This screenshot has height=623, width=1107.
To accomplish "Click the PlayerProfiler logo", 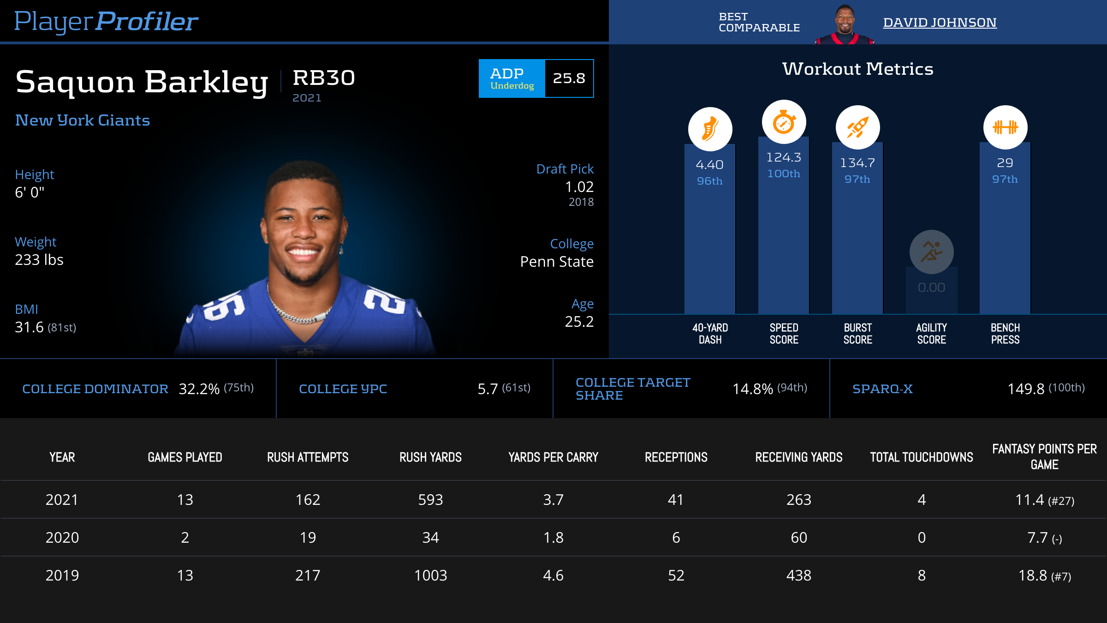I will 106,21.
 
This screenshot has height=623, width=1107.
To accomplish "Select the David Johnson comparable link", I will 940,22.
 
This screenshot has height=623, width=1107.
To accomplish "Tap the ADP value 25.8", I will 569,78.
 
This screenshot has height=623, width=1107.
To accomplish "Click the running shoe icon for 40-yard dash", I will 710,129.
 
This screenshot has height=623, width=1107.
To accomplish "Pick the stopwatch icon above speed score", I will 784,122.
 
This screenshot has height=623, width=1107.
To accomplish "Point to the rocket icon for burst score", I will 857,127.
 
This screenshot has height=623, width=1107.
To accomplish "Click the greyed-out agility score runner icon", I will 931,252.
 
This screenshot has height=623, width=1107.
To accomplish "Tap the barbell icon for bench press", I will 1005,127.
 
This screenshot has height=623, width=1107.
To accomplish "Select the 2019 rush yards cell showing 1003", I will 430,575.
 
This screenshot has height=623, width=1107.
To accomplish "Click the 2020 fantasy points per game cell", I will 1044,538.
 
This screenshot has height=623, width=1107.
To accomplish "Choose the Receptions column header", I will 676,457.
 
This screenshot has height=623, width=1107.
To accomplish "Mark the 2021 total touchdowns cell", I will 922,500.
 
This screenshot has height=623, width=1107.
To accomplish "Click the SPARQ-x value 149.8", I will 1026,389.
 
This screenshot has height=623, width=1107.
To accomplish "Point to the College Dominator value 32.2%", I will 199,389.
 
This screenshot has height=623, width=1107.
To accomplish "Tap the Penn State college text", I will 556,262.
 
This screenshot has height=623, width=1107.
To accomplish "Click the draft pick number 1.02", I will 579,187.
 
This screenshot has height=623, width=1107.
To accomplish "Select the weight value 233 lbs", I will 39,260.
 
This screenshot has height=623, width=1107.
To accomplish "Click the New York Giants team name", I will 83,120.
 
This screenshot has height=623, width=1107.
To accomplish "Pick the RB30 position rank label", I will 324,78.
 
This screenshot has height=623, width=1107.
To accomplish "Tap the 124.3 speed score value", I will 784,157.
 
